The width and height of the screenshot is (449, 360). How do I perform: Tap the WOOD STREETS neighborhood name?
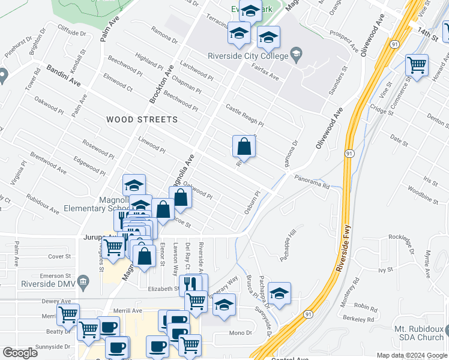(142, 119)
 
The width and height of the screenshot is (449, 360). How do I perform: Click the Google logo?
(20, 353)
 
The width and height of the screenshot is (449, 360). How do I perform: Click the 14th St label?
(430, 34)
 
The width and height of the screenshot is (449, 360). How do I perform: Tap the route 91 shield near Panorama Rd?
(349, 154)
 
